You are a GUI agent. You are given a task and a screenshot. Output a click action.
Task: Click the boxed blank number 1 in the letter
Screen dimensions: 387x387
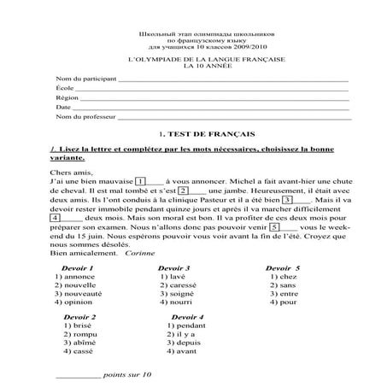pos(140,181)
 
